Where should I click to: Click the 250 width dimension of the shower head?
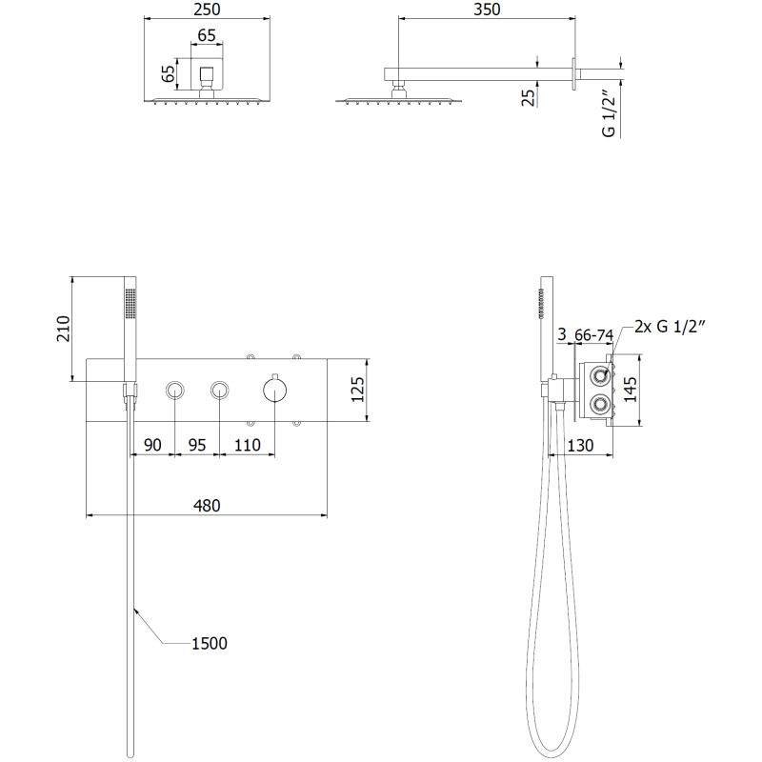[x=207, y=10]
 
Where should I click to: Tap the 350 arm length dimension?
[x=487, y=10]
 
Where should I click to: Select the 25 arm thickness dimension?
[x=528, y=97]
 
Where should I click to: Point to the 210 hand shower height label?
[x=64, y=329]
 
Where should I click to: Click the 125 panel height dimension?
[x=358, y=390]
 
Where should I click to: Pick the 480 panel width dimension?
[x=207, y=506]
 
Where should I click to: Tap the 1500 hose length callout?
[x=210, y=643]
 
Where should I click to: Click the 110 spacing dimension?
[x=248, y=445]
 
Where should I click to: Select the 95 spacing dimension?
[x=197, y=445]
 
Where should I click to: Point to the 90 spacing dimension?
[x=152, y=445]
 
